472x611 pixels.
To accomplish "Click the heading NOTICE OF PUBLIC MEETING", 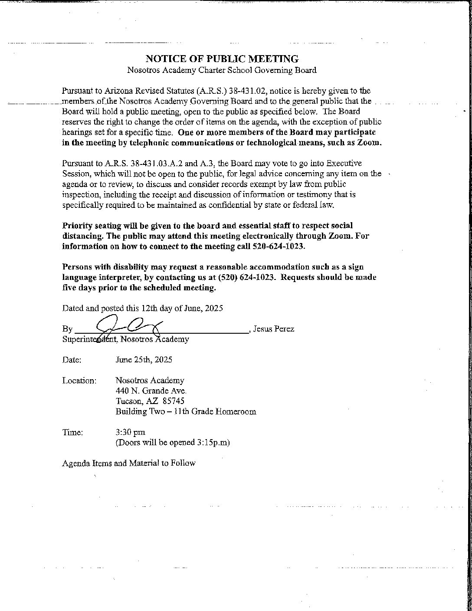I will click(x=222, y=59).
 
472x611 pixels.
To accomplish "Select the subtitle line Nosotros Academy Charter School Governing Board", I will click(x=222, y=70).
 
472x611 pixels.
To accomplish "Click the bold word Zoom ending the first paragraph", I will click(x=369, y=143).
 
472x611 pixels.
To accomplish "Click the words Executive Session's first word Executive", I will click(x=344, y=164).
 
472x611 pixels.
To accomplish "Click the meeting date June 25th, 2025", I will click(x=144, y=360).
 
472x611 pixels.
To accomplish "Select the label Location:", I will click(x=79, y=381).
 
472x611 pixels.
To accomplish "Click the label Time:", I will click(x=72, y=432).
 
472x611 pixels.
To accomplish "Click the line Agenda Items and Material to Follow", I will click(x=128, y=463).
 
